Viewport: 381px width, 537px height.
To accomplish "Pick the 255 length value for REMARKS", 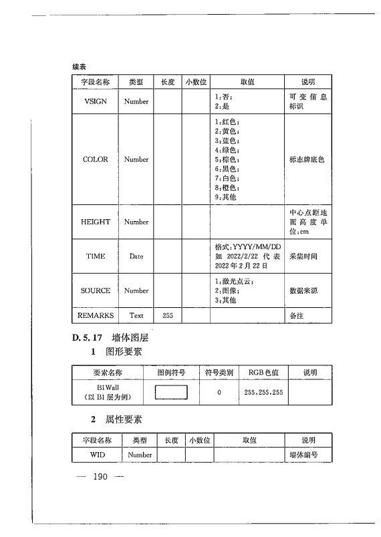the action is tap(168, 315).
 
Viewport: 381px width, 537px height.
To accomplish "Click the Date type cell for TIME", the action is tap(136, 256).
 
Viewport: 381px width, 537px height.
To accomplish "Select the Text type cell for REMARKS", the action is tap(136, 315).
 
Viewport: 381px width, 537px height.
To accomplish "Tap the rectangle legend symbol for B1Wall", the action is tap(171, 393).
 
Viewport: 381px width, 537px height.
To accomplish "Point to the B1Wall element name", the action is tap(107, 387).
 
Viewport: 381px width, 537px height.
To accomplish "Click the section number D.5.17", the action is tap(87, 338).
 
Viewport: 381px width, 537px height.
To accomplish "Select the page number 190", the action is tap(101, 477).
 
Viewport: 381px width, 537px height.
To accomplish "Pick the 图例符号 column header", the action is tap(171, 372).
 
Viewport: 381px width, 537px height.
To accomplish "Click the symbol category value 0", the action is tap(219, 393).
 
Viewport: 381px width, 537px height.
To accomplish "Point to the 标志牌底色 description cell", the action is tap(307, 160).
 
